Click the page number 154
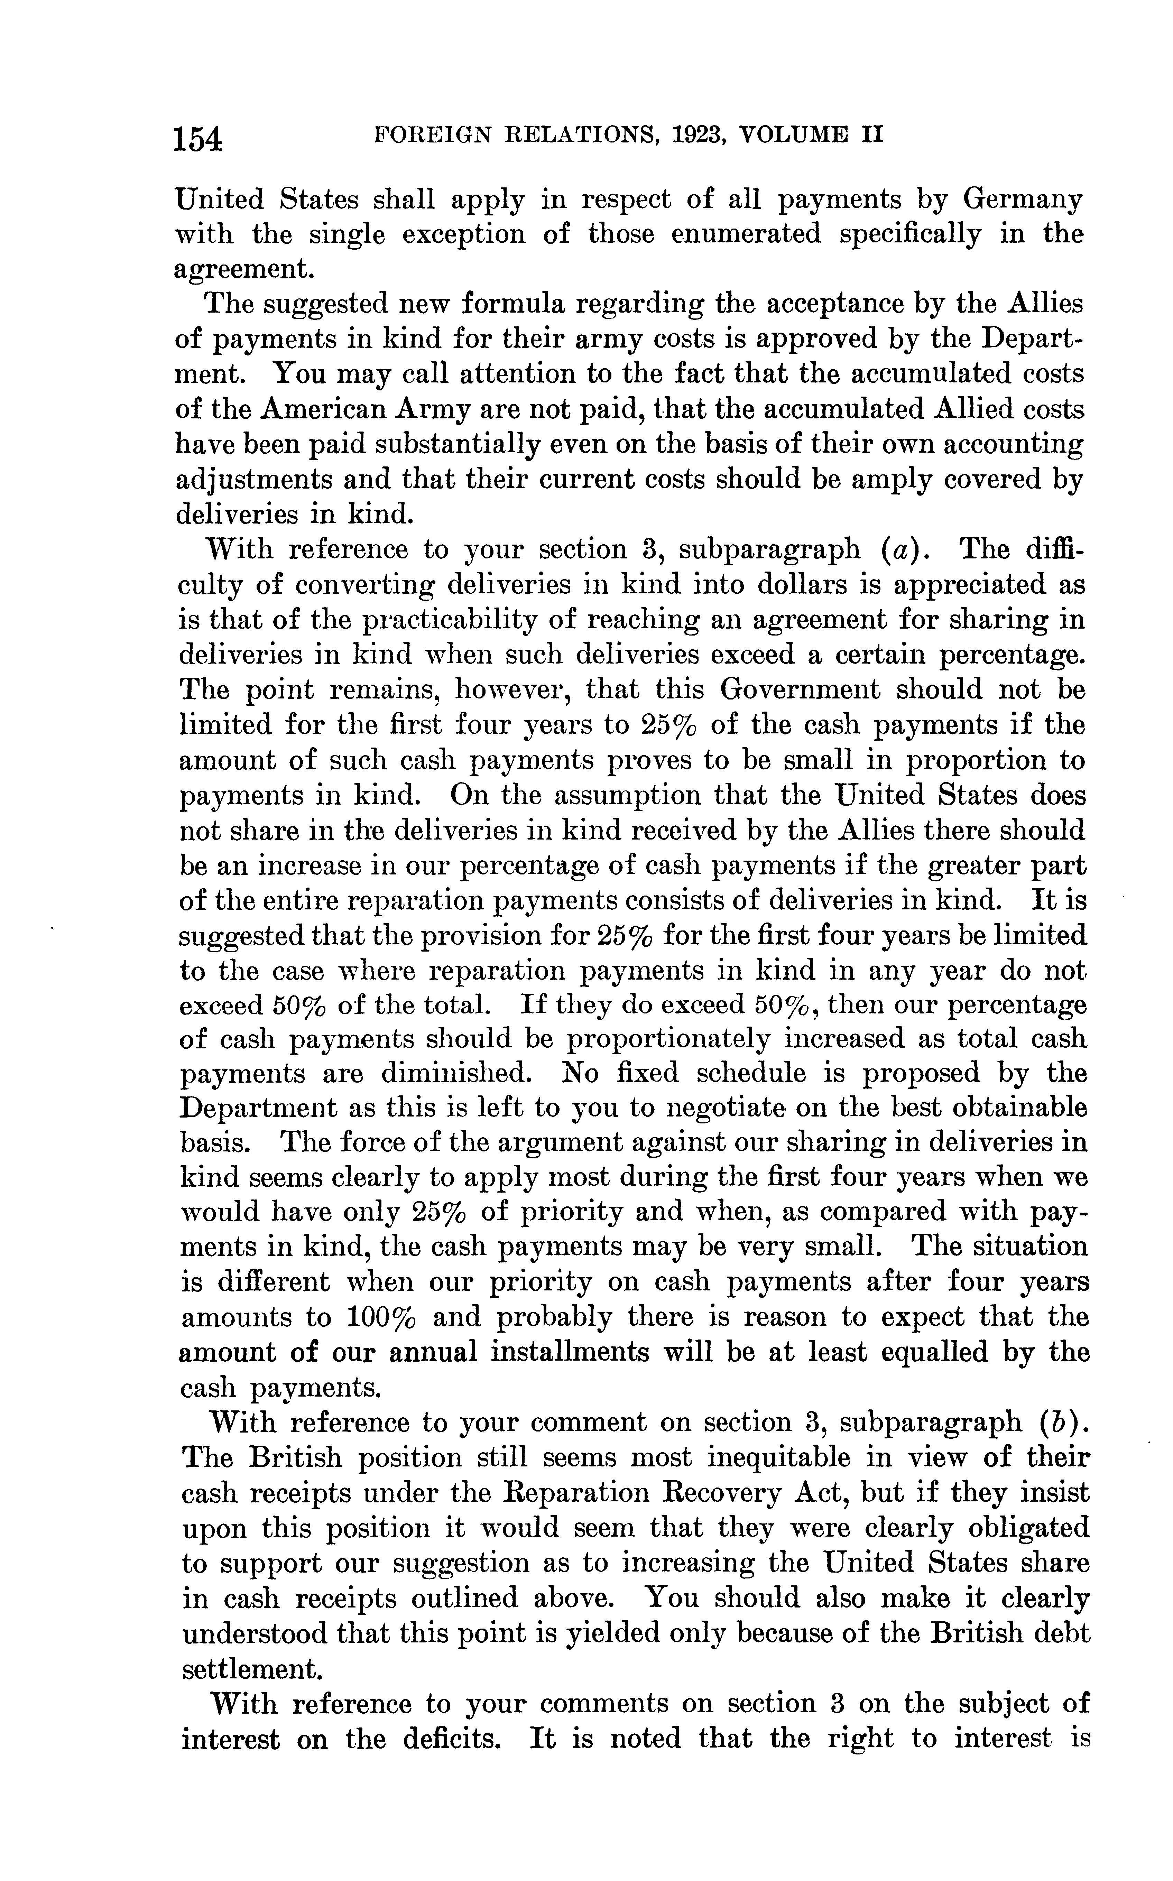click(198, 140)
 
